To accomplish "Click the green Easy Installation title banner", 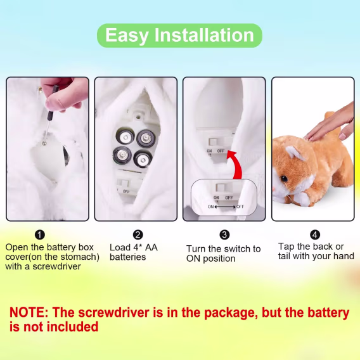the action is [x=179, y=35].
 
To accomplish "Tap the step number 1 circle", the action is [x=40, y=235].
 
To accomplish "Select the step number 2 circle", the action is [x=138, y=235].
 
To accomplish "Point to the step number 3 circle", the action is [x=224, y=235].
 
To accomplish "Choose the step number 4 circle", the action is [x=315, y=235].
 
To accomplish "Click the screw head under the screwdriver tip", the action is [x=44, y=143].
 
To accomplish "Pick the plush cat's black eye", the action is [x=284, y=178].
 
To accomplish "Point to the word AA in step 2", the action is [x=151, y=247].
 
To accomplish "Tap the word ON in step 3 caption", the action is [x=193, y=259].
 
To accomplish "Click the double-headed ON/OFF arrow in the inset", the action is [x=225, y=207].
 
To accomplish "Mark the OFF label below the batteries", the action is [x=126, y=191].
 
